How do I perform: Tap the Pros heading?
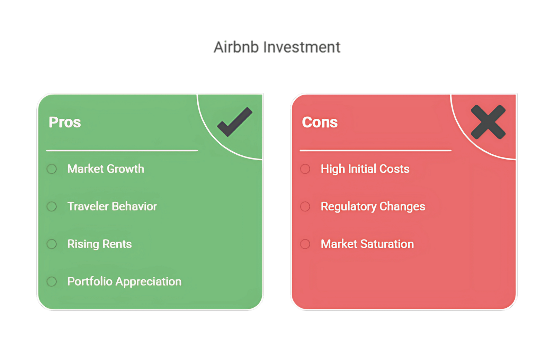[65, 122]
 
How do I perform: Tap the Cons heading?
[320, 122]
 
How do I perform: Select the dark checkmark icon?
[235, 122]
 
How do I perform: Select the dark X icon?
[488, 122]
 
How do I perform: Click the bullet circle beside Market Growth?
[52, 169]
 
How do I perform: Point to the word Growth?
[126, 169]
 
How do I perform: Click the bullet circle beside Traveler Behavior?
[52, 206]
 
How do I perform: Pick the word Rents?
[117, 244]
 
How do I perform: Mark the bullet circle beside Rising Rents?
[52, 244]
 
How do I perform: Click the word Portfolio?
[90, 281]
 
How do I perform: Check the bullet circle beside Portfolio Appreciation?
[52, 282]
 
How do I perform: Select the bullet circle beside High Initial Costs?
[305, 169]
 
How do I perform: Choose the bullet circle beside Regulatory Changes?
[305, 206]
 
